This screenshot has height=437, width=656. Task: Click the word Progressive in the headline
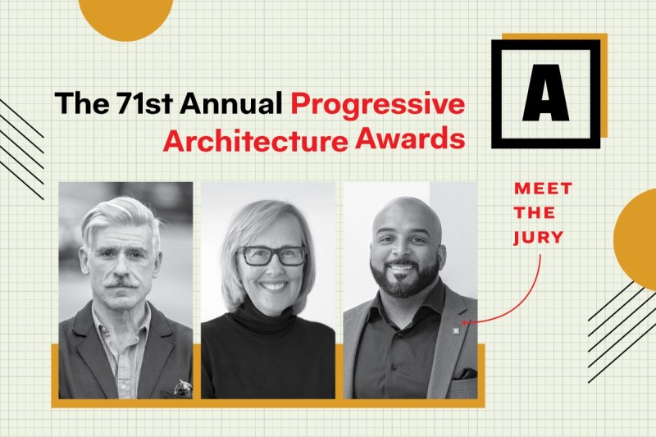[x=378, y=106]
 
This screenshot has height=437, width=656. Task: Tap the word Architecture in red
[x=255, y=140]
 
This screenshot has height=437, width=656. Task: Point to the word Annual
[x=231, y=102]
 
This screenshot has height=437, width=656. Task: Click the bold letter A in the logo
[x=545, y=93]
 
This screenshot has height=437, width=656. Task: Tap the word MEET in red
[x=543, y=189]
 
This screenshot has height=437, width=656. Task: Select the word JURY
[x=539, y=238]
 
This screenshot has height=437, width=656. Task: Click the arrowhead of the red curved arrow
[x=464, y=322]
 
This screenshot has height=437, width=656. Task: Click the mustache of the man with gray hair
[x=121, y=282]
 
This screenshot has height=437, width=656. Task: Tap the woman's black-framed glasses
[x=272, y=256]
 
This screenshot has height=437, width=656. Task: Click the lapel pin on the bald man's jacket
[x=456, y=331]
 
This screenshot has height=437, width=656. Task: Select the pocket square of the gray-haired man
[x=183, y=388]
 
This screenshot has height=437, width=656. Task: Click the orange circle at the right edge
[x=636, y=239]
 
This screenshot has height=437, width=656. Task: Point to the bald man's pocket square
[x=466, y=373]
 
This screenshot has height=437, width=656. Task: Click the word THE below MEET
[x=535, y=213]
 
